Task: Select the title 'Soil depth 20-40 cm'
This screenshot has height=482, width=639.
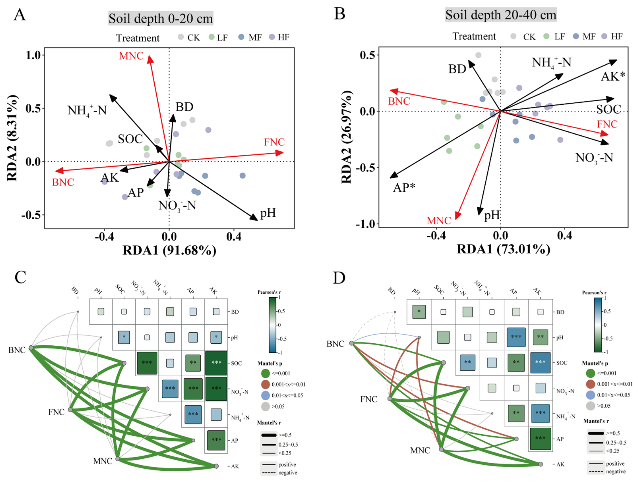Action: (x=501, y=15)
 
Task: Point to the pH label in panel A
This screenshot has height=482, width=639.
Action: (x=268, y=213)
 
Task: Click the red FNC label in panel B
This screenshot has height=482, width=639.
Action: (x=607, y=124)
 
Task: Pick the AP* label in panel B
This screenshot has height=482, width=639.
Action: (x=404, y=188)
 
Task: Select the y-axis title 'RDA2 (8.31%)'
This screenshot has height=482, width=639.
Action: (x=12, y=138)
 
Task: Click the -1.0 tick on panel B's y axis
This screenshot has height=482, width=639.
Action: (x=366, y=224)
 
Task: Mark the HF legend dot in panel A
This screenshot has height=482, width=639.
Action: (x=272, y=37)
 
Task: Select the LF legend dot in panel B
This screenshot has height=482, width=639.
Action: (x=546, y=36)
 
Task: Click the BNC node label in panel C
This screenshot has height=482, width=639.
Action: (x=17, y=350)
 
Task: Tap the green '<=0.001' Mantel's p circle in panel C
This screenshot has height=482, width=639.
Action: (x=265, y=373)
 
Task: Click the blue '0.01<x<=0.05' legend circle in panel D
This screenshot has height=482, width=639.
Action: (x=591, y=395)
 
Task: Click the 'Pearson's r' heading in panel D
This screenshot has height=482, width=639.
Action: (x=594, y=292)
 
